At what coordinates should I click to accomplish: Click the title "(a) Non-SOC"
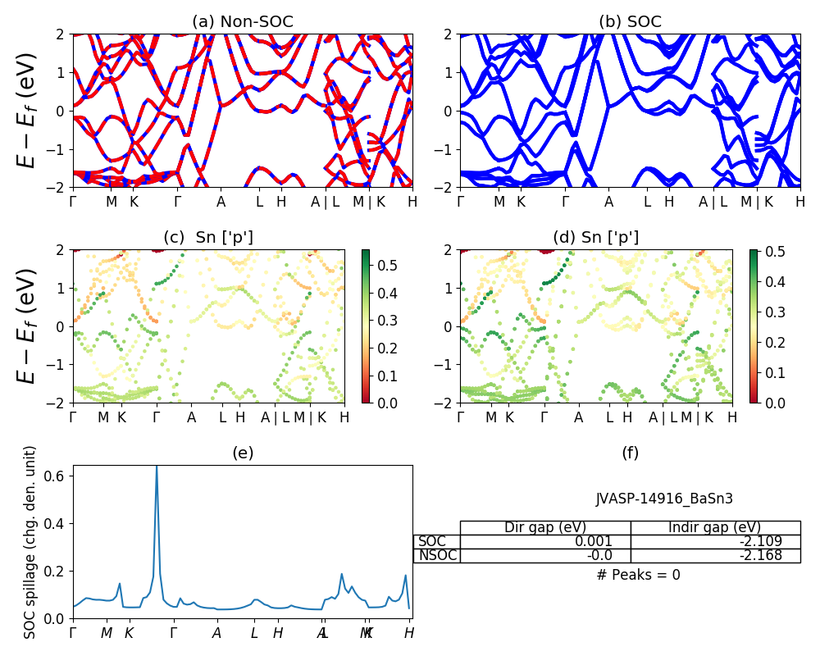pos(243,22)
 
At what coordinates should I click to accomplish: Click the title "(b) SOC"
pos(630,22)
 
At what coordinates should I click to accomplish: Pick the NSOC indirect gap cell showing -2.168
pos(715,555)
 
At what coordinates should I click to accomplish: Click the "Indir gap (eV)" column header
pos(715,527)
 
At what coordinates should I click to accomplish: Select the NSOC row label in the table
pos(436,555)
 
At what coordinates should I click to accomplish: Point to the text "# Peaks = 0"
pos(638,575)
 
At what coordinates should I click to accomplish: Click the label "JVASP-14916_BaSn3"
pos(664,498)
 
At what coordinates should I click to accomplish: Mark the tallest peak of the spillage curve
pos(157,467)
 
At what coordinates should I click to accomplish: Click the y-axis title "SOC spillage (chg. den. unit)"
pos(30,542)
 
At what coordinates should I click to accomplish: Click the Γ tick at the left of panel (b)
pos(460,201)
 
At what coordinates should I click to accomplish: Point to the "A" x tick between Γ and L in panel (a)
pos(221,201)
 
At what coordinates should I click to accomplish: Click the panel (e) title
pos(243,453)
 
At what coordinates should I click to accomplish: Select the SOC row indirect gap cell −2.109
pos(715,541)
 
